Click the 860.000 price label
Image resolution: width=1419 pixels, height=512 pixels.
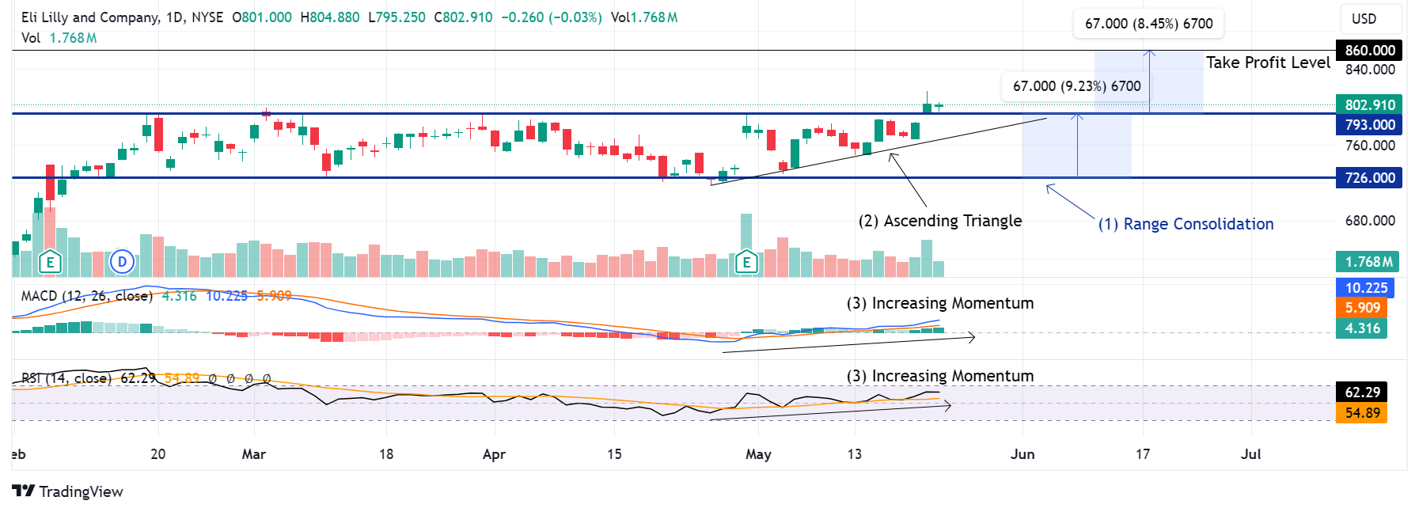[1369, 51]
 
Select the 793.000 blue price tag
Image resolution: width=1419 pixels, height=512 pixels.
[1369, 125]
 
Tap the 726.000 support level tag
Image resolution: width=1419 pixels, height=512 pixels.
[1369, 178]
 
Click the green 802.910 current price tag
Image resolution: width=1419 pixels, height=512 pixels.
[1369, 105]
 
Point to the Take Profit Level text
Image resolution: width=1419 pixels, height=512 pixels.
[1268, 63]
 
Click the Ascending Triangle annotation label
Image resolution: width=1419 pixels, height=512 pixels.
[940, 221]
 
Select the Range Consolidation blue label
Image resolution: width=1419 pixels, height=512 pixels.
[1186, 224]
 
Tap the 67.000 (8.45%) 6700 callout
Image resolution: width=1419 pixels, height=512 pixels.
[1148, 24]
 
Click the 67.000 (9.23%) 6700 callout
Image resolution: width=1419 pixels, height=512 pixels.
[1076, 86]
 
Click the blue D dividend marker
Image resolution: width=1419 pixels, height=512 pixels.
[122, 261]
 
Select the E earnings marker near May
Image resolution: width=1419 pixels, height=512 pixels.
[746, 262]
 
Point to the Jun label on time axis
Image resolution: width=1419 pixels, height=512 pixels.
[1023, 454]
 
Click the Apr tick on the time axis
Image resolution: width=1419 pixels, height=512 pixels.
[494, 454]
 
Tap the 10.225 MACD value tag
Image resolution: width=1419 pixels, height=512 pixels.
[1366, 288]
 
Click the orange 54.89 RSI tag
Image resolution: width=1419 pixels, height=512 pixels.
[1362, 413]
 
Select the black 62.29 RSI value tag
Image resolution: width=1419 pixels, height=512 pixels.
[1362, 393]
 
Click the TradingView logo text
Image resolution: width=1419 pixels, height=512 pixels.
[68, 491]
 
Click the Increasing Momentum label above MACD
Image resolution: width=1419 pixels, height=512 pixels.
[940, 303]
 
